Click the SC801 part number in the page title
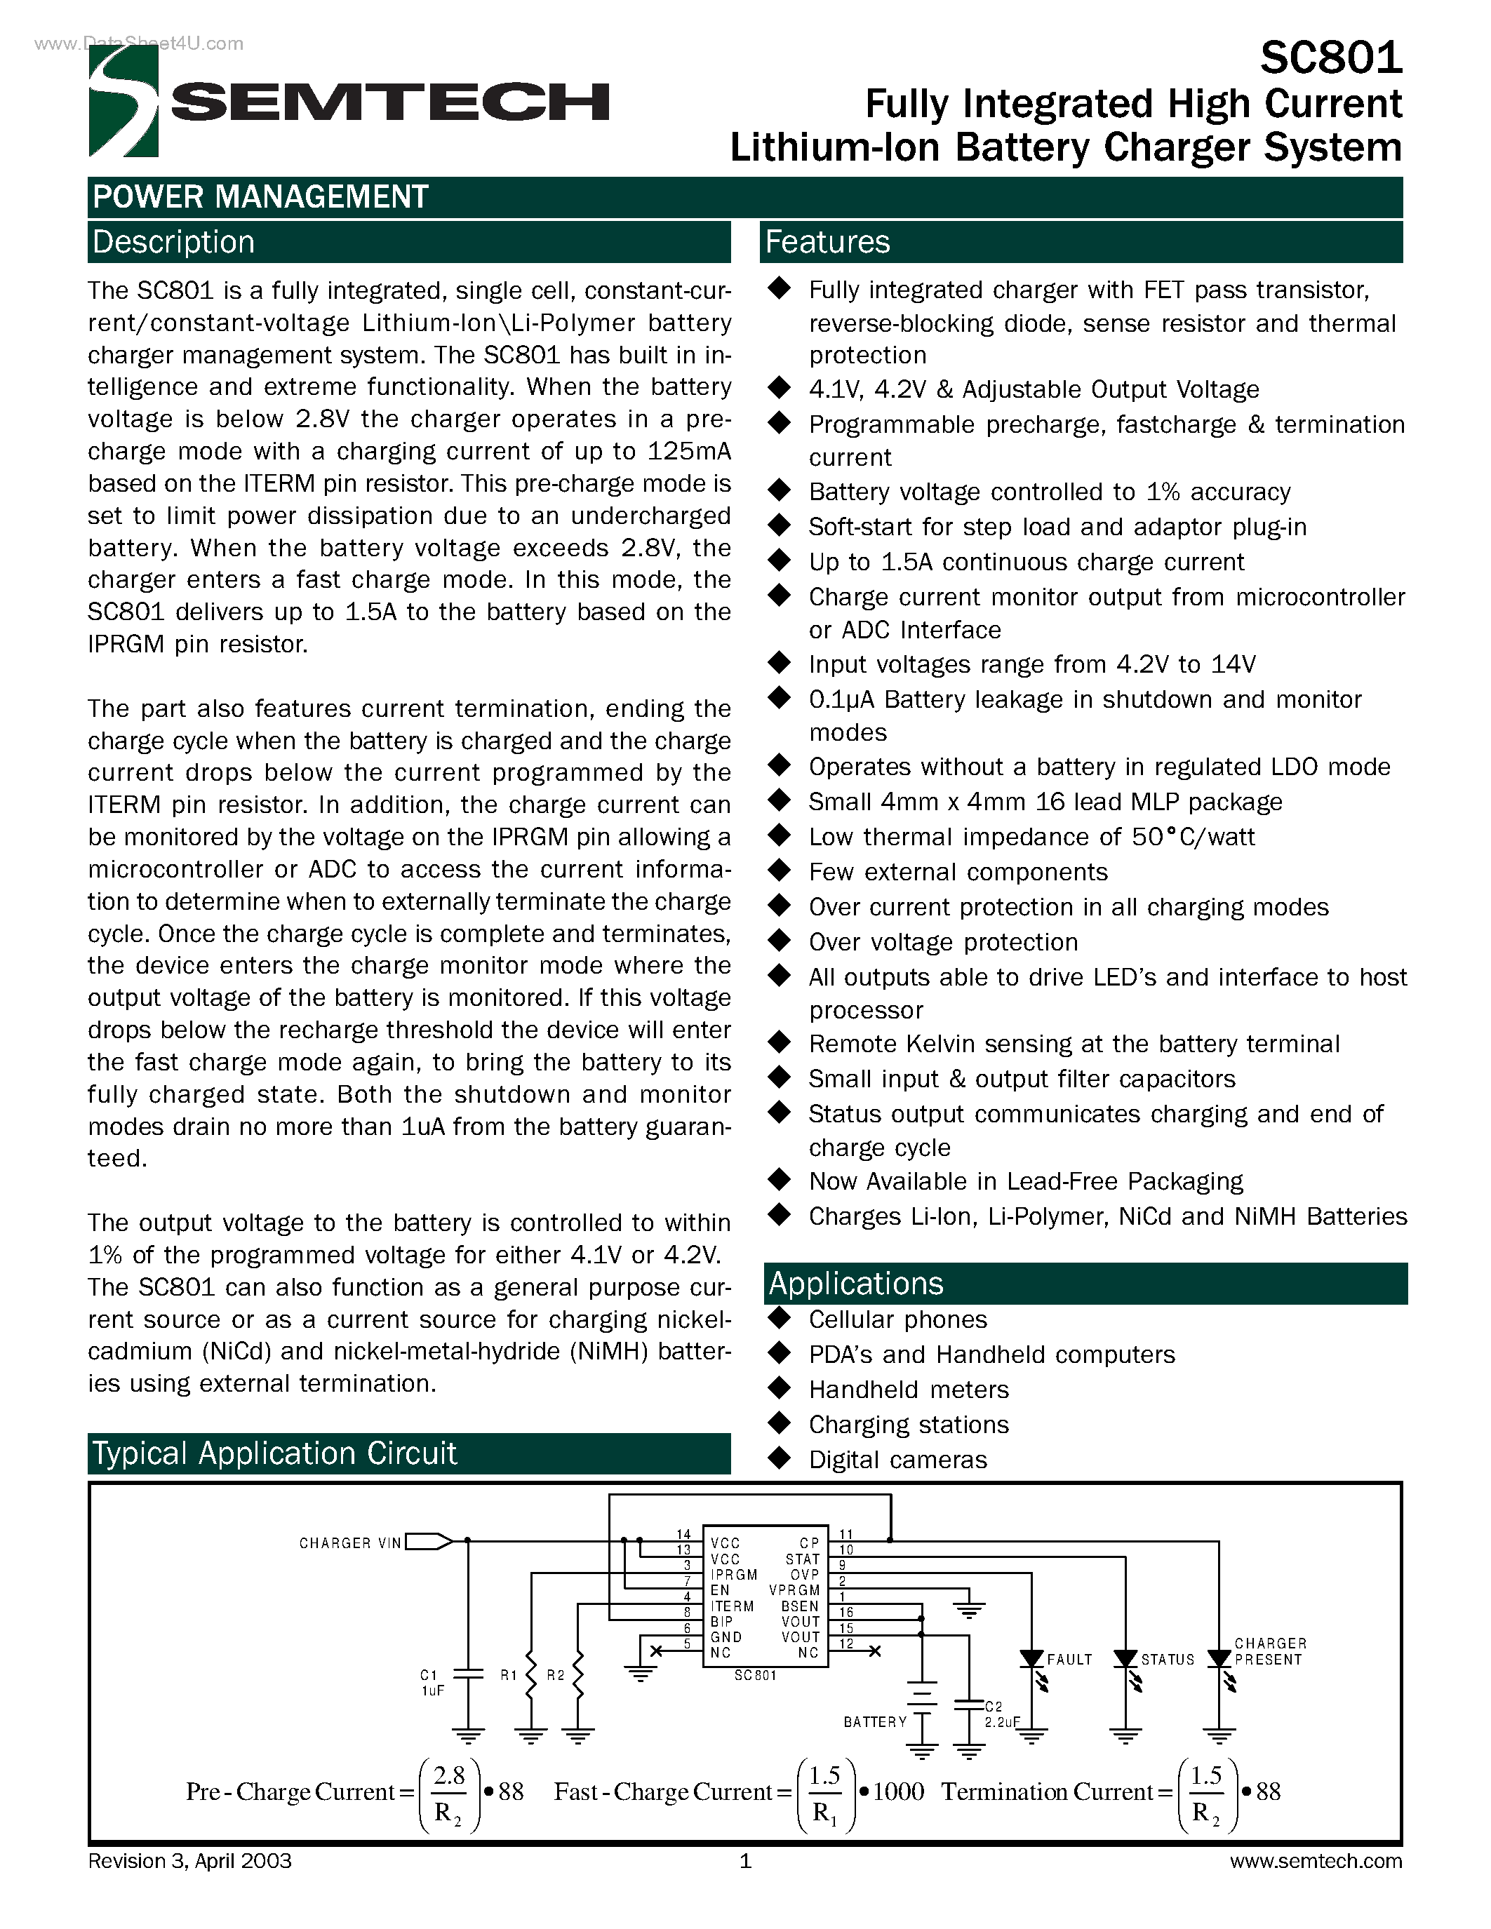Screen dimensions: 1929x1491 (x=1330, y=58)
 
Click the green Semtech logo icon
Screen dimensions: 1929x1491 (x=123, y=101)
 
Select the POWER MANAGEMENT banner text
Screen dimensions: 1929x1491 (x=260, y=197)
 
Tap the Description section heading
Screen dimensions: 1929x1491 (x=173, y=242)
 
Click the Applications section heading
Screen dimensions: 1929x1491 (x=855, y=1284)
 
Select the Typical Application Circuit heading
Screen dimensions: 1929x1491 (x=275, y=1453)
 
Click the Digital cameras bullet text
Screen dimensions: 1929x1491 (x=897, y=1460)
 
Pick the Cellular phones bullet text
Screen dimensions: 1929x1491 (x=897, y=1319)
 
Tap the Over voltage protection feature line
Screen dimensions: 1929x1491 (x=942, y=943)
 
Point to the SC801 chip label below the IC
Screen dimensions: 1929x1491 (x=755, y=1676)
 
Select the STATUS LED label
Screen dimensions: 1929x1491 (x=1167, y=1660)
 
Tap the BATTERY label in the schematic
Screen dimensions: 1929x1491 (x=874, y=1722)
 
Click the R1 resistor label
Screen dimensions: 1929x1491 (x=509, y=1674)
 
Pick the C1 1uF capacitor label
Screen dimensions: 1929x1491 (x=431, y=1683)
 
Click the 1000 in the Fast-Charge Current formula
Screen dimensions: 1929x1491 (x=897, y=1792)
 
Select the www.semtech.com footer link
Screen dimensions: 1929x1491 (x=1315, y=1861)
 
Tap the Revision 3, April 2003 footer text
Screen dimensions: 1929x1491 (x=190, y=1861)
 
